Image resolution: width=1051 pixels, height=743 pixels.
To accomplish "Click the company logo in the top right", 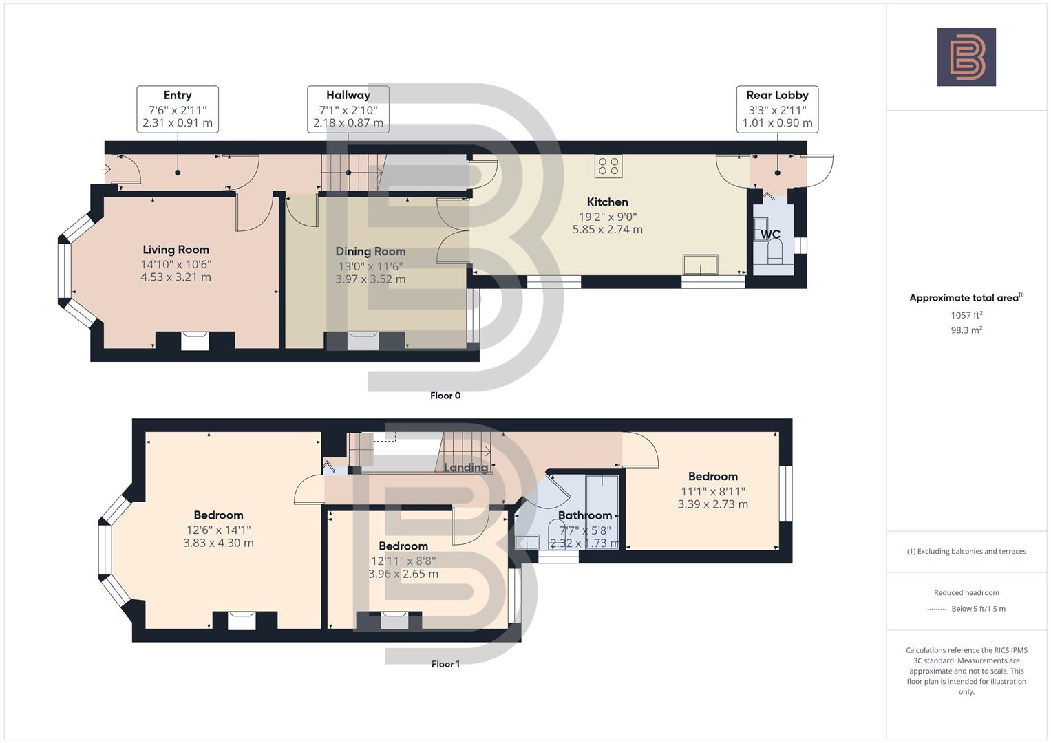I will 966,56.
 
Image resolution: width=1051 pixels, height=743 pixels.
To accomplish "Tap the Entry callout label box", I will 178,109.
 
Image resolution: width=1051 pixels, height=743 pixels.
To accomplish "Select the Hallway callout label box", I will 348,109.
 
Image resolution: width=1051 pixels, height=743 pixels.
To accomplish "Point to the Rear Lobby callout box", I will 777,109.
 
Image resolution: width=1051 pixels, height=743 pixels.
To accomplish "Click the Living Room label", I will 176,250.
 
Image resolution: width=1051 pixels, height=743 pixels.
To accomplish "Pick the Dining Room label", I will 370,252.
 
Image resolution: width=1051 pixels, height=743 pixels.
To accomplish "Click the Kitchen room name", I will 607,202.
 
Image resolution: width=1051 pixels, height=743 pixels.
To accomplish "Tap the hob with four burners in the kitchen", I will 608,166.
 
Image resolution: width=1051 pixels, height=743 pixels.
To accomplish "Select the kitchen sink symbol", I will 699,264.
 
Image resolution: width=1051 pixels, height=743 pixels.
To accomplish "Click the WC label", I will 770,235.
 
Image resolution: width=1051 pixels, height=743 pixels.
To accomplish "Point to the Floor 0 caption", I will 445,396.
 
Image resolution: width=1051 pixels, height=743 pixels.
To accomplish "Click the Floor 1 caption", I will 445,664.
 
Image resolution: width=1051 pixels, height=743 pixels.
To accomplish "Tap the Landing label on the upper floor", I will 465,468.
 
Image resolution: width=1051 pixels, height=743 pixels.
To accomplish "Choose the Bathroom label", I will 584,515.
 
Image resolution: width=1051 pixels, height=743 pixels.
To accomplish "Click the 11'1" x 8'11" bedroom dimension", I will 712,491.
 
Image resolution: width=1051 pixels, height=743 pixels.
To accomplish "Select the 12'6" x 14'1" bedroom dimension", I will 218,530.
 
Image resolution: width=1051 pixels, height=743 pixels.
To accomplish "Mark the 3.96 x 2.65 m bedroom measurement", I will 403,574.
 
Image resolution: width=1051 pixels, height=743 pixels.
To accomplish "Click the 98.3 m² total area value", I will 966,330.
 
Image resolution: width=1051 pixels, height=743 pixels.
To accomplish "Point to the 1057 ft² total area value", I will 966,315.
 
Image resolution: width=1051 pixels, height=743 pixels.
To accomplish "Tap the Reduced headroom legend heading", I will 966,592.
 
